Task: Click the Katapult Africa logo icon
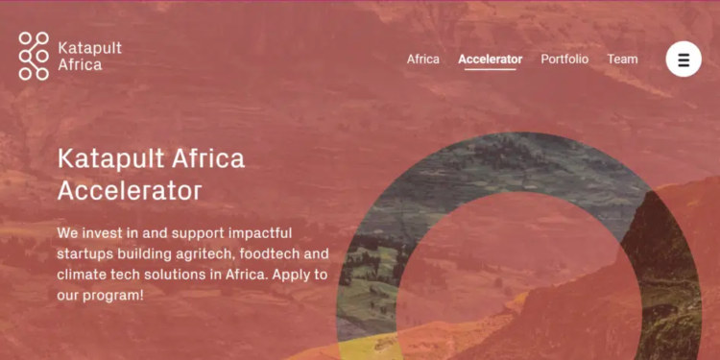pyautogui.click(x=34, y=56)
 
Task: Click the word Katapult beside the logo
pyautogui.click(x=90, y=47)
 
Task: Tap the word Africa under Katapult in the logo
pyautogui.click(x=80, y=65)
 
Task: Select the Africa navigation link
pyautogui.click(x=422, y=60)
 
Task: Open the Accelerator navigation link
pyautogui.click(x=491, y=60)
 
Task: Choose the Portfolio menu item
pyautogui.click(x=564, y=60)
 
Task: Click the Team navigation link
pyautogui.click(x=622, y=60)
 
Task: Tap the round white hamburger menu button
pyautogui.click(x=684, y=60)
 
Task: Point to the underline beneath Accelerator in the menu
pyautogui.click(x=491, y=70)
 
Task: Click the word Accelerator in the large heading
pyautogui.click(x=130, y=190)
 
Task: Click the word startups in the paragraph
pyautogui.click(x=84, y=254)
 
